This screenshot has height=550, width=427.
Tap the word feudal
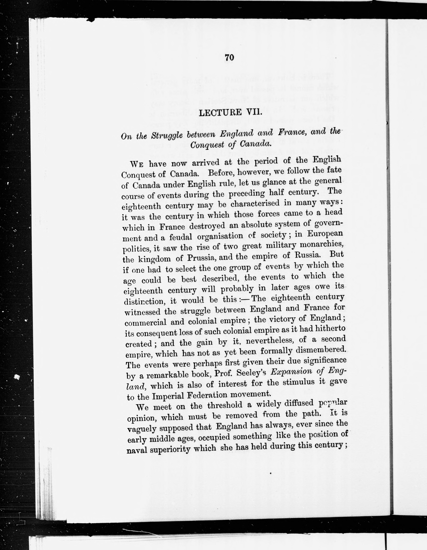click(181, 237)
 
